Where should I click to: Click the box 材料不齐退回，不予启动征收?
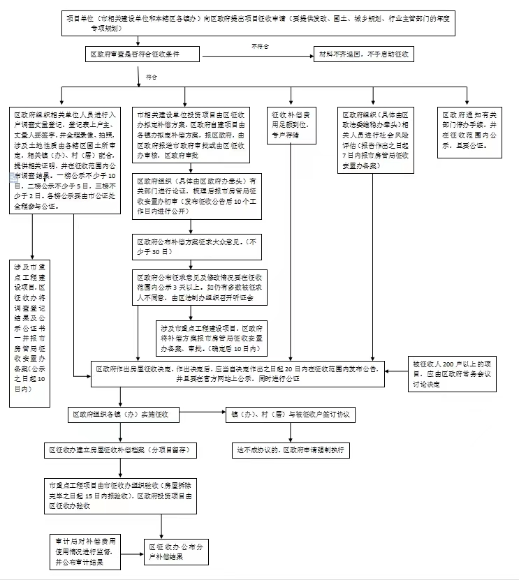pos(365,54)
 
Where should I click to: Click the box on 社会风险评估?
pos(376,139)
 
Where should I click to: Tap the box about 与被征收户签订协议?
pos(291,414)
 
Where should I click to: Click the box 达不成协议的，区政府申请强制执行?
pos(291,450)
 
